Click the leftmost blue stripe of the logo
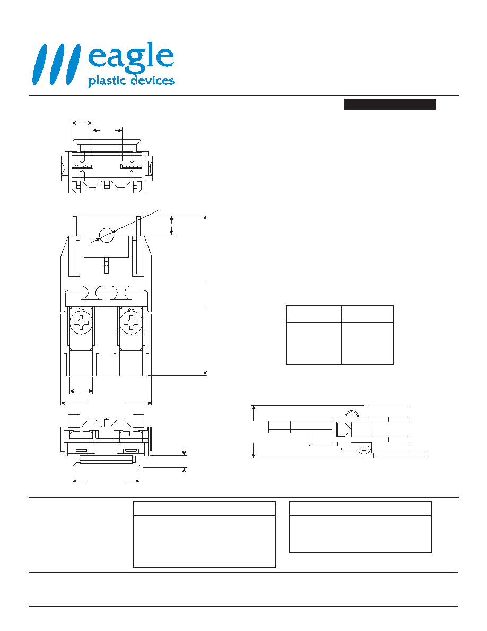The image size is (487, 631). click(40, 64)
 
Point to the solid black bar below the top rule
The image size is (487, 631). click(390, 104)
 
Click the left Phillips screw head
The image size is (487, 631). click(82, 322)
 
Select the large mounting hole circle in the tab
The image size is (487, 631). click(107, 235)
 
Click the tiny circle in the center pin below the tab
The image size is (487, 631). click(107, 264)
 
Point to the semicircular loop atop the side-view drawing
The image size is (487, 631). click(351, 411)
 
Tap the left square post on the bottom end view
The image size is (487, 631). click(73, 421)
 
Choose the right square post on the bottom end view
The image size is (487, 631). click(138, 421)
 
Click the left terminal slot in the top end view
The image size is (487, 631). click(82, 166)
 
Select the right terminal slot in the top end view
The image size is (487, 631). click(132, 166)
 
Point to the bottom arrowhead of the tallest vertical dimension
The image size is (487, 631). click(205, 373)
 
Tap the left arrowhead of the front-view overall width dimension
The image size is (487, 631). click(63, 403)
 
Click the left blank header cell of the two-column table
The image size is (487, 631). click(314, 314)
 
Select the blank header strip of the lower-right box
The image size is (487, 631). click(360, 509)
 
